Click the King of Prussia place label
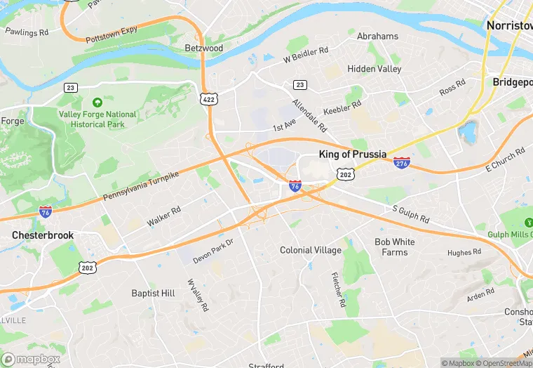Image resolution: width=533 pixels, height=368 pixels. pos(352,154)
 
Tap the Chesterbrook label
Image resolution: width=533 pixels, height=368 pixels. pos(43,235)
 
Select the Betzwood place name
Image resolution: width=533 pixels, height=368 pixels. pos(203,48)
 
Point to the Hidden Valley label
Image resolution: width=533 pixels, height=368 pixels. pos(375,69)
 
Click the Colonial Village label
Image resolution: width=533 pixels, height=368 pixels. pos(311,250)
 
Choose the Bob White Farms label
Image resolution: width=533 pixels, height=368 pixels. pos(394,247)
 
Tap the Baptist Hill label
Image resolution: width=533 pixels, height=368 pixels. pos(153,293)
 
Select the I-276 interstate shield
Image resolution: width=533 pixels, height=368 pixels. pos(402,162)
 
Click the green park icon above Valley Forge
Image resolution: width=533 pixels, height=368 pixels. pos(97,102)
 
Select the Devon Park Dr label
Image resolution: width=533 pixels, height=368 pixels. pos(212,251)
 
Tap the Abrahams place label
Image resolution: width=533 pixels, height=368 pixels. pos(377,36)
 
